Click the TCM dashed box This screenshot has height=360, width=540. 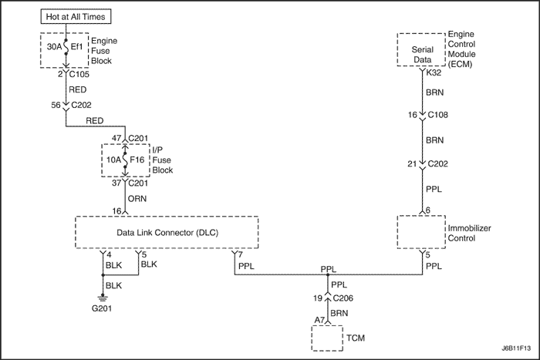[328, 338]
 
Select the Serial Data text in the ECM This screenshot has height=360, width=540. [422, 51]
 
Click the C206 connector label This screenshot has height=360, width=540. [345, 298]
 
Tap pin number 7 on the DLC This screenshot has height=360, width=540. [241, 254]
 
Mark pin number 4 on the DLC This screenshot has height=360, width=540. [110, 254]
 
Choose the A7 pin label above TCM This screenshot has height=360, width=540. [319, 318]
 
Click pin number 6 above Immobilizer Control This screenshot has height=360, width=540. [427, 210]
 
